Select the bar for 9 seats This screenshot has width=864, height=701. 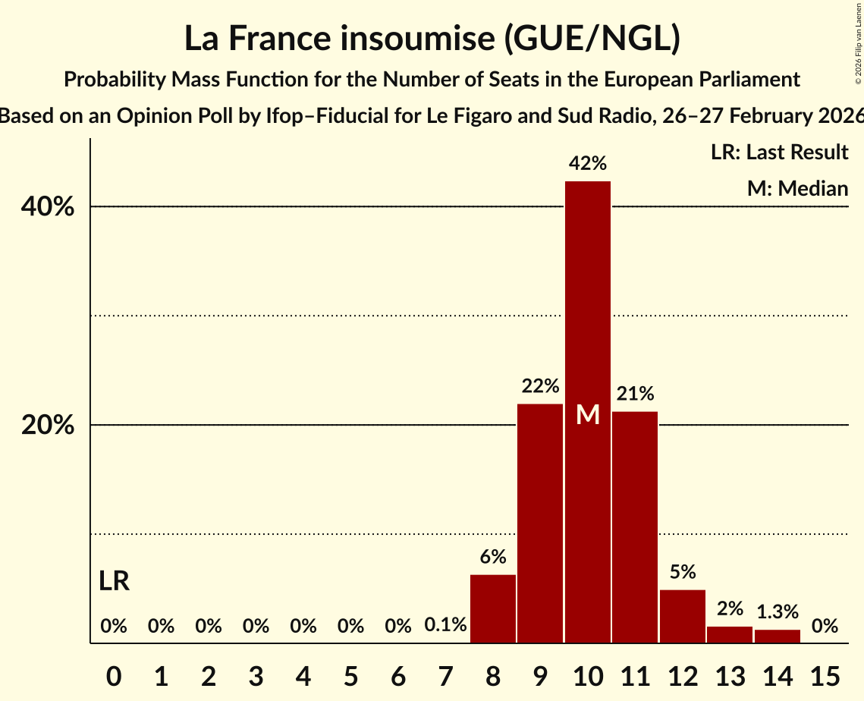tap(540, 523)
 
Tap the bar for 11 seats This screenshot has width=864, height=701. tap(635, 527)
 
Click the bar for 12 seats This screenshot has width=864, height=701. tap(682, 616)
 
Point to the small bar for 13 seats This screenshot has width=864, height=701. tap(729, 635)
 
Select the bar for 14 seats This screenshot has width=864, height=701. tap(777, 637)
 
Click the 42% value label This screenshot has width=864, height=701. tap(588, 163)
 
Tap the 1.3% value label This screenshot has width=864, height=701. tap(777, 611)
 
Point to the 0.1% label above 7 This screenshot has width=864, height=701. tap(445, 626)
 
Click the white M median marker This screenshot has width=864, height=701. tap(588, 414)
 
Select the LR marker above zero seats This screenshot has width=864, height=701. tap(114, 582)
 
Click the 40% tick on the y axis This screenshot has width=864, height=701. tap(48, 206)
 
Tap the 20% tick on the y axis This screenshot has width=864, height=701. tap(48, 425)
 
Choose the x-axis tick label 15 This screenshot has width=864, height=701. tap(825, 674)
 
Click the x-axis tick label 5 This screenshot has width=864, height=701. tap(350, 674)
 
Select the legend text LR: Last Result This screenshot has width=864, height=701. tap(779, 152)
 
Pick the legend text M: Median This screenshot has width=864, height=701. tap(797, 188)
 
